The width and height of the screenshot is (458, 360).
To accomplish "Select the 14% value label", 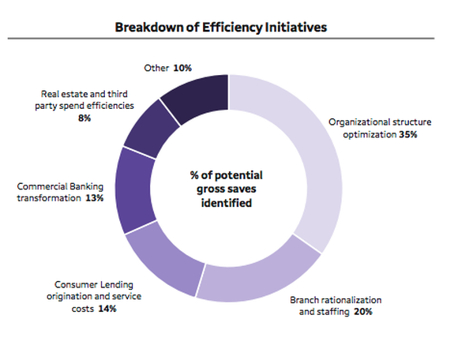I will click(x=107, y=309).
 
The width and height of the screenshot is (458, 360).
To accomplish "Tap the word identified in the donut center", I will click(x=229, y=203).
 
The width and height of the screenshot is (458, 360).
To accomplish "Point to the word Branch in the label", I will click(x=306, y=300).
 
